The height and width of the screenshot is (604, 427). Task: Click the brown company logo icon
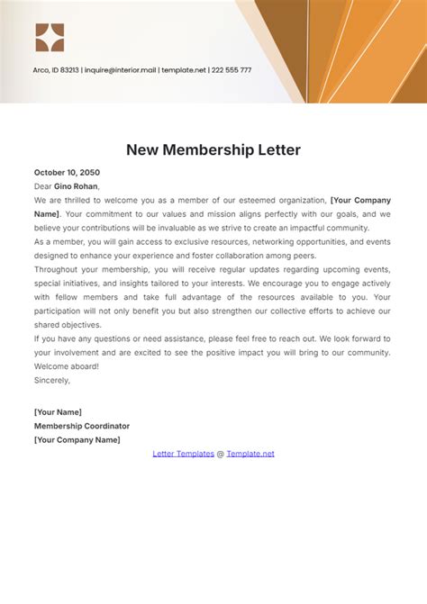tap(50, 37)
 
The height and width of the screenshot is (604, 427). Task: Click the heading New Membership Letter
tap(213, 149)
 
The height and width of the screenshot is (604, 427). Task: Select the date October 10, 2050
tap(67, 172)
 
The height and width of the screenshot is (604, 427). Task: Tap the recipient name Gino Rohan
tap(77, 186)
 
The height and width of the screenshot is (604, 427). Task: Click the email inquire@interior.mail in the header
tap(121, 70)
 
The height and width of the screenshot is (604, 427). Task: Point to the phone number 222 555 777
tap(232, 70)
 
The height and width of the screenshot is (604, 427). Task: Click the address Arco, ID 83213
tap(57, 70)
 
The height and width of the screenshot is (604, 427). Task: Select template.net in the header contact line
tap(185, 70)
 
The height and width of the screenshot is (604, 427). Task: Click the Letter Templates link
tap(183, 454)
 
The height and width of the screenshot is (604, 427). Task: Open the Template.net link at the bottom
tap(250, 454)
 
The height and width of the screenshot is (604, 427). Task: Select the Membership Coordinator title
tap(82, 426)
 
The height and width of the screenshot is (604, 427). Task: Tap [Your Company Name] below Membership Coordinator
tap(77, 440)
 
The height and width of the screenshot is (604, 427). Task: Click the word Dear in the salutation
tap(42, 186)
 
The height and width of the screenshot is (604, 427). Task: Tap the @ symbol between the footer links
tap(220, 454)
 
